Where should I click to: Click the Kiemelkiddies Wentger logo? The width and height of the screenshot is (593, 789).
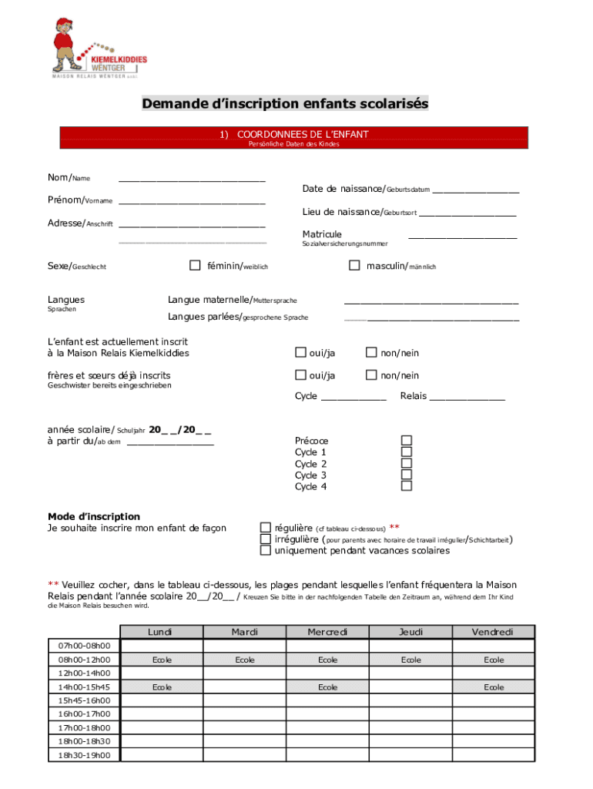click(98, 50)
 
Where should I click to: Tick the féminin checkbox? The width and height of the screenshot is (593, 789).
click(195, 266)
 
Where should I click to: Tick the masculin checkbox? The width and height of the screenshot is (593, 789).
click(354, 266)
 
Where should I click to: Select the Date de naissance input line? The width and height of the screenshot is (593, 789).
click(475, 189)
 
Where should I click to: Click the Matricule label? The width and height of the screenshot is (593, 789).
click(322, 234)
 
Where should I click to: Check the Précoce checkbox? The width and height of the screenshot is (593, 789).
click(406, 441)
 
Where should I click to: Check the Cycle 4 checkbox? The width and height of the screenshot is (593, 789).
click(406, 486)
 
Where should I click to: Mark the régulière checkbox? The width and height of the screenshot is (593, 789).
click(266, 528)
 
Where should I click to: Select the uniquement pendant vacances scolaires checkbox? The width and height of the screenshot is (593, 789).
click(266, 551)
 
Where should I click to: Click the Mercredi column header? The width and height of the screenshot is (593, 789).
click(328, 632)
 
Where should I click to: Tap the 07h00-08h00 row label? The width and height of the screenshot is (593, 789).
click(84, 646)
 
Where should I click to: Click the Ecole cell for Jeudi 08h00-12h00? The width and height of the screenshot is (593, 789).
click(411, 660)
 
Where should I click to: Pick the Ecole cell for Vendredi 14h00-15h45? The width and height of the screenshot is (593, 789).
click(494, 687)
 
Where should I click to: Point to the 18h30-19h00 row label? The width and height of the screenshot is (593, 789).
click(84, 756)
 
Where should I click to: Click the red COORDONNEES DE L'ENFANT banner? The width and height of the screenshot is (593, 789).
click(295, 138)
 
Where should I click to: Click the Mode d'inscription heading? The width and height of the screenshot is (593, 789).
click(94, 516)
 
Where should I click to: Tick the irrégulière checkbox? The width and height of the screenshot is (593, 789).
click(266, 539)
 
